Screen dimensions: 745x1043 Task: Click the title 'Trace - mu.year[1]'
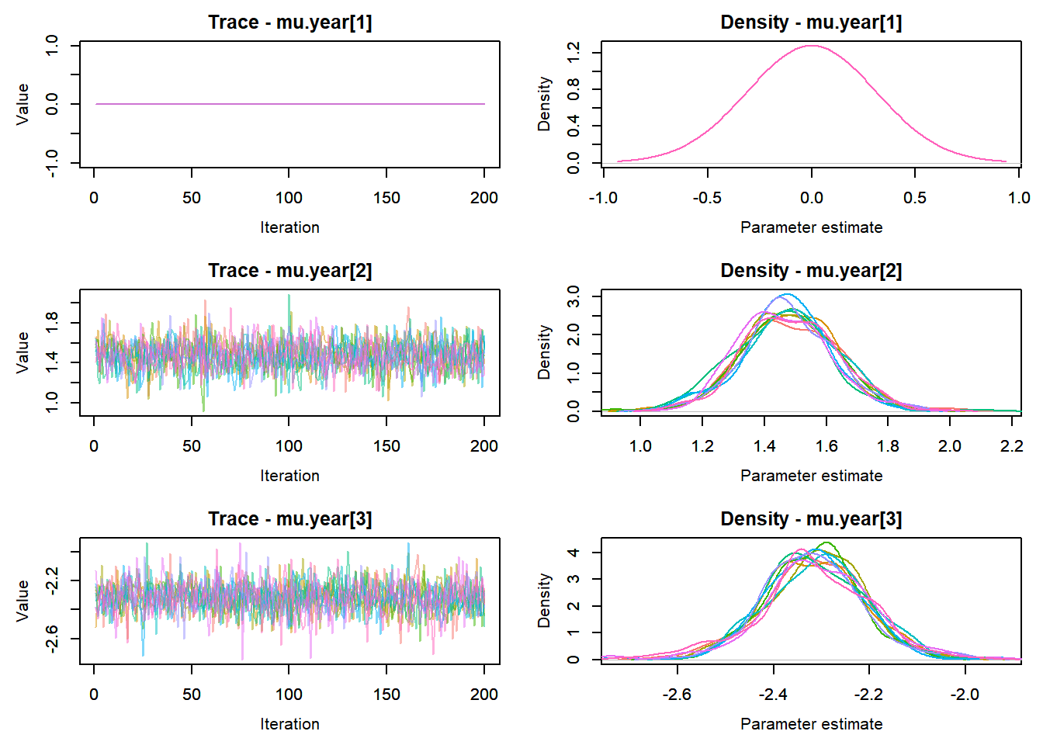coord(289,23)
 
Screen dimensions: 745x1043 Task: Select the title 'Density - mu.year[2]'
coord(811,271)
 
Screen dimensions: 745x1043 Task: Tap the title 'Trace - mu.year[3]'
coord(289,519)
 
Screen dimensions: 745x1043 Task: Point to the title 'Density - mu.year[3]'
coord(811,519)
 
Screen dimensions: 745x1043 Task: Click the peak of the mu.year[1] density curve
coord(811,46)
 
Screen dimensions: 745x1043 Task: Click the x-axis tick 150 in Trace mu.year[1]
coord(386,198)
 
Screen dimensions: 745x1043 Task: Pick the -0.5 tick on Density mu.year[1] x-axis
coord(707,198)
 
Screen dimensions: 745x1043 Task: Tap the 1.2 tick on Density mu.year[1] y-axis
coord(573,53)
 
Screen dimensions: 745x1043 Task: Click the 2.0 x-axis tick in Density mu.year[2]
coord(950,446)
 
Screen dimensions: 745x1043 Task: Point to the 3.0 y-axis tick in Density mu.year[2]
coord(573,296)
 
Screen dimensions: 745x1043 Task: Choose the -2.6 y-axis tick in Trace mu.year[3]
coord(52,639)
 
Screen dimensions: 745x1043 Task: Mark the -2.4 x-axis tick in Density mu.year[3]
coord(774,695)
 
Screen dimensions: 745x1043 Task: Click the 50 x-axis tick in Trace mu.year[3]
coord(192,695)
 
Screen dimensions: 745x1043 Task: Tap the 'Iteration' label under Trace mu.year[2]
coord(289,476)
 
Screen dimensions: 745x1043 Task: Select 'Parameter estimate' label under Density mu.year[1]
coord(811,227)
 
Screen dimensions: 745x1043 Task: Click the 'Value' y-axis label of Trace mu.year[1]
coord(23,104)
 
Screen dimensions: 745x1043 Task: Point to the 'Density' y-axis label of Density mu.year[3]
coord(544,601)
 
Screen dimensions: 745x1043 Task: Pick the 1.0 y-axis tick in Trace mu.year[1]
coord(52,46)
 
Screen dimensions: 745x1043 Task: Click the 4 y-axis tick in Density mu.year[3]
coord(573,553)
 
